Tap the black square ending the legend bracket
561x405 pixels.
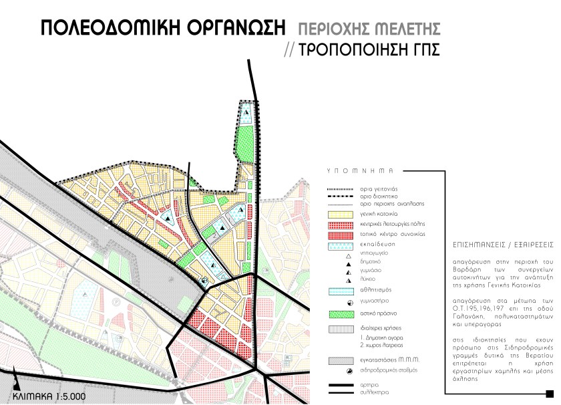click(x=549, y=392)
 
